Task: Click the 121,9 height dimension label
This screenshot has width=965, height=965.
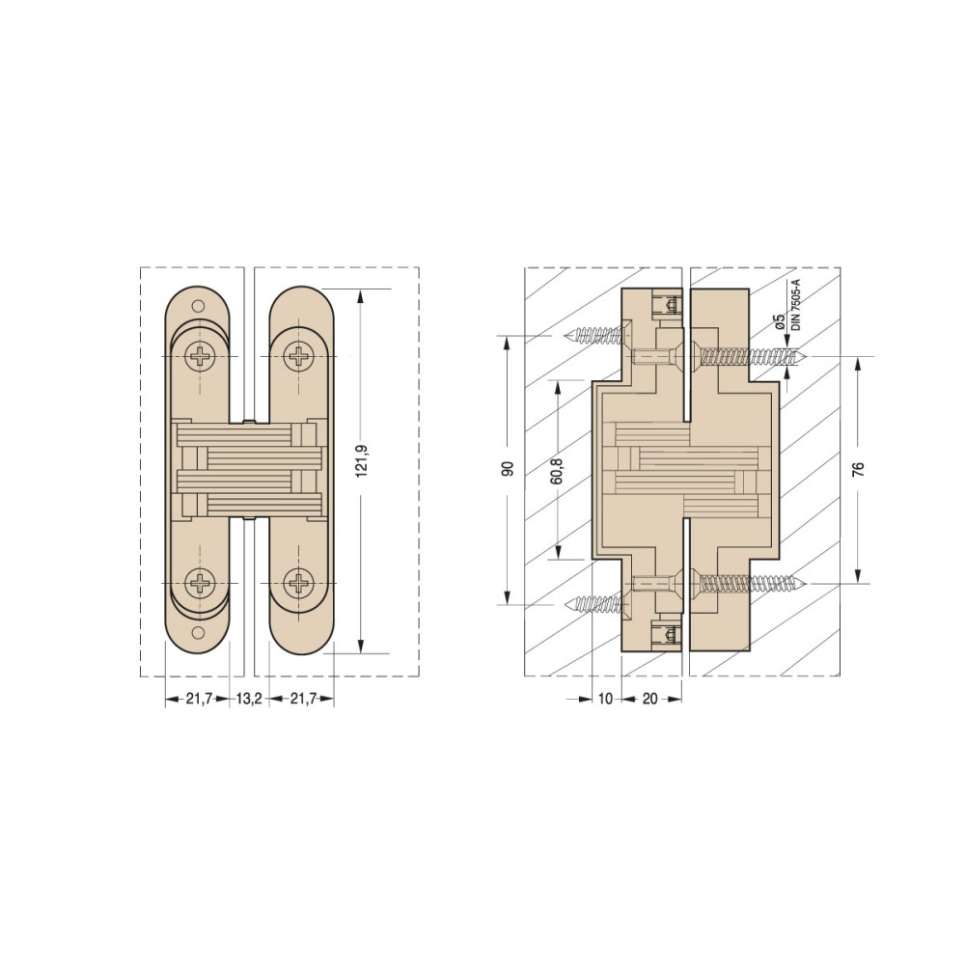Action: (x=362, y=469)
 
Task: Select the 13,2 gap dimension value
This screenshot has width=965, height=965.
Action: (x=249, y=699)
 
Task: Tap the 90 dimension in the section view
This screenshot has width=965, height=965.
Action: (x=508, y=469)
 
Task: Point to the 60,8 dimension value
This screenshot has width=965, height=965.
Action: (x=557, y=469)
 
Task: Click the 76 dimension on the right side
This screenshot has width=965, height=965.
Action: (x=859, y=469)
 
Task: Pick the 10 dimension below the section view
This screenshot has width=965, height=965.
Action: (x=606, y=699)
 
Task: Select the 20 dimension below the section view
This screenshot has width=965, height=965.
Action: (x=650, y=699)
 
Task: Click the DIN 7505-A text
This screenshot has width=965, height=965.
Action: (x=796, y=305)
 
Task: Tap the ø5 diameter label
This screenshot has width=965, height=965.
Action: (x=779, y=322)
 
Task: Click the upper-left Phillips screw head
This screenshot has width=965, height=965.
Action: (x=200, y=357)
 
